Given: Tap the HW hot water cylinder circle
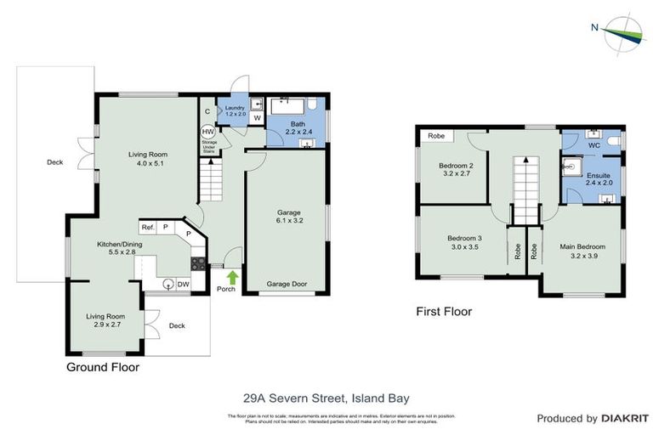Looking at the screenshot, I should pyautogui.click(x=207, y=133).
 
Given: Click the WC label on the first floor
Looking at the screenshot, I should pyautogui.click(x=593, y=145).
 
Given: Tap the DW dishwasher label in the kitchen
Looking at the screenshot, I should pyautogui.click(x=184, y=285).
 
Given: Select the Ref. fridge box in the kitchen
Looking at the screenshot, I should pyautogui.click(x=149, y=228).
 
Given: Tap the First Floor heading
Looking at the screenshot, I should pyautogui.click(x=443, y=312).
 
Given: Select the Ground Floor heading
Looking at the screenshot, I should pyautogui.click(x=102, y=368).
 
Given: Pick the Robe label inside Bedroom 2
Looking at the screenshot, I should pyautogui.click(x=435, y=136).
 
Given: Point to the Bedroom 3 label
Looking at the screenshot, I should pyautogui.click(x=464, y=242).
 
